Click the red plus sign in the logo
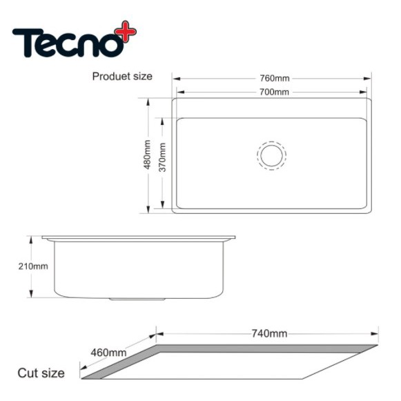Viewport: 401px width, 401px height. [x=126, y=31]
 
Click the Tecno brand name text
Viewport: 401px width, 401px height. [x=68, y=43]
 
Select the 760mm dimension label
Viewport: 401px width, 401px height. [x=275, y=78]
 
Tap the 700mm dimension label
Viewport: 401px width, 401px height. [x=274, y=92]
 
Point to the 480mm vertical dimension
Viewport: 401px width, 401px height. [x=147, y=155]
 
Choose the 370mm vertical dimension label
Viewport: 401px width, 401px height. [x=162, y=157]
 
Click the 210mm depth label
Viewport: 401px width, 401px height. [x=33, y=266]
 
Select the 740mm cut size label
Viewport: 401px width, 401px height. [x=269, y=333]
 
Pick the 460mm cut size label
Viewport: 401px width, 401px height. [x=108, y=353]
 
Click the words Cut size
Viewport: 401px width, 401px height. [x=41, y=373]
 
